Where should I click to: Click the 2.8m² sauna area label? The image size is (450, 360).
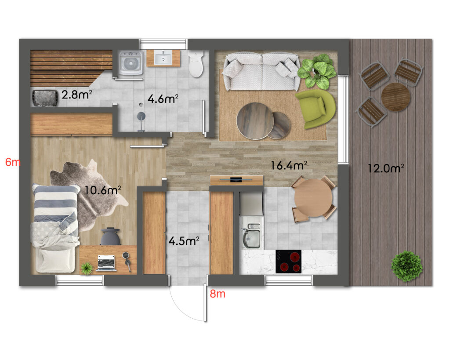76,95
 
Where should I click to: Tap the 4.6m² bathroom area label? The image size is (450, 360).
163,99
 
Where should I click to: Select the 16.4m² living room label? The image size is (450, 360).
289,165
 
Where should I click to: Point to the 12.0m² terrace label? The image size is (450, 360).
386,168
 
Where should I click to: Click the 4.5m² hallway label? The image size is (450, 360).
184,241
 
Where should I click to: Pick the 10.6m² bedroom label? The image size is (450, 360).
103,190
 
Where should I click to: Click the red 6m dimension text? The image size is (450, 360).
13,162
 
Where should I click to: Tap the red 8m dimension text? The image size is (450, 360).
217,294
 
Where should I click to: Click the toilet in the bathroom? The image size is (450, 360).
196,64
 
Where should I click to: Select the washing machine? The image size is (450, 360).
131,63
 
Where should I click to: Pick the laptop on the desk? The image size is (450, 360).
106,263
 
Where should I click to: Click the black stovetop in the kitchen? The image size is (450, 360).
288,262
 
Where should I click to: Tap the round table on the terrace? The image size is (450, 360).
396,97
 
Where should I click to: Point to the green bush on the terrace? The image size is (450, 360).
406,266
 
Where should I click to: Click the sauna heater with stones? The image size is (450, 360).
45,98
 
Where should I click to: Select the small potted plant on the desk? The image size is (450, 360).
87,268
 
